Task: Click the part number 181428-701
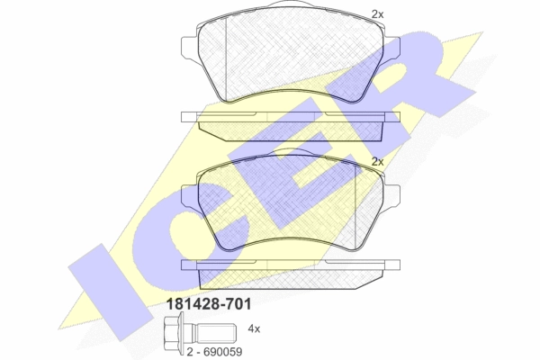[209, 304]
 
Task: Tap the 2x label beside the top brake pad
[377, 14]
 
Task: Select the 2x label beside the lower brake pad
[377, 162]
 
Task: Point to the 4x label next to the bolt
[254, 329]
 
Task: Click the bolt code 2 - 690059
[214, 352]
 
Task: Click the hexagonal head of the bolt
[173, 332]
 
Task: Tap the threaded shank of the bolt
[216, 332]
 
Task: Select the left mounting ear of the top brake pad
[189, 46]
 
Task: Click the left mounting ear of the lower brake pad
[189, 195]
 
